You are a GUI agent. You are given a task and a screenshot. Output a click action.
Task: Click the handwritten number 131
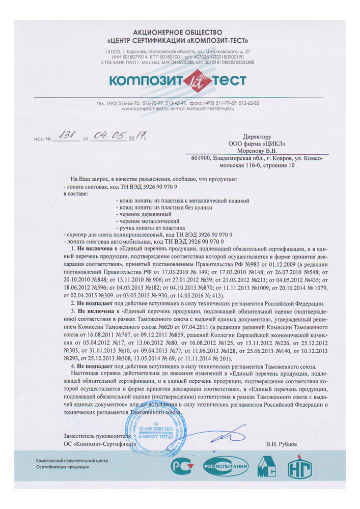(x=66, y=135)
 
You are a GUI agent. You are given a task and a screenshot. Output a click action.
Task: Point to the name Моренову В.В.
(x=258, y=151)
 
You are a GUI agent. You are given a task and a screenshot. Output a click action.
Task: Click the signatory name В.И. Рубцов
(x=282, y=444)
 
